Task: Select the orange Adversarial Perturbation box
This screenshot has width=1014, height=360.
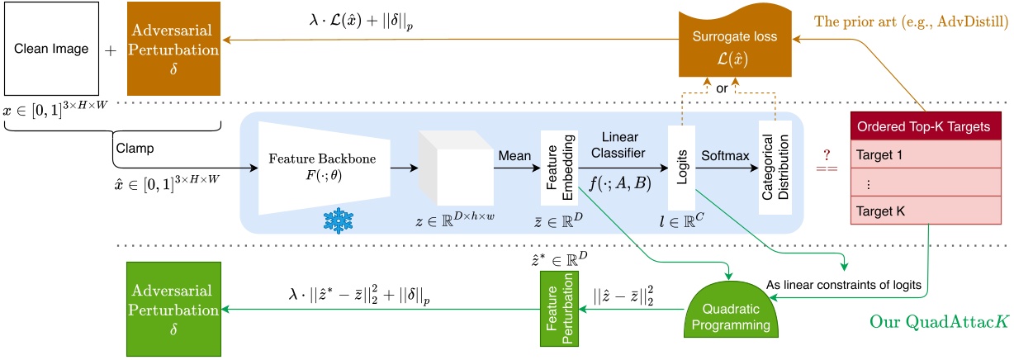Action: click(173, 49)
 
